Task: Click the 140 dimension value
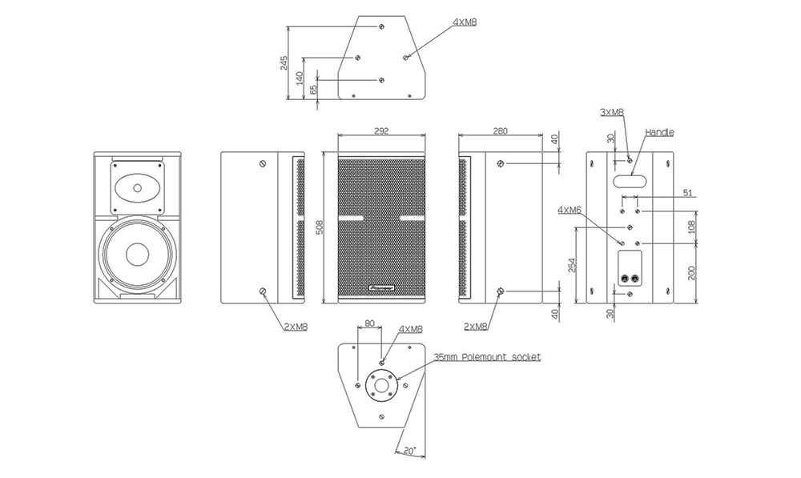300,78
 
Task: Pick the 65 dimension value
313,90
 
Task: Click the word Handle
659,132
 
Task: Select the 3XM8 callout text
612,113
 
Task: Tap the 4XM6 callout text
570,211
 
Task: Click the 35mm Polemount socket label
487,356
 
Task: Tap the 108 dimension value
692,227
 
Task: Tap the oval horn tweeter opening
137,189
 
